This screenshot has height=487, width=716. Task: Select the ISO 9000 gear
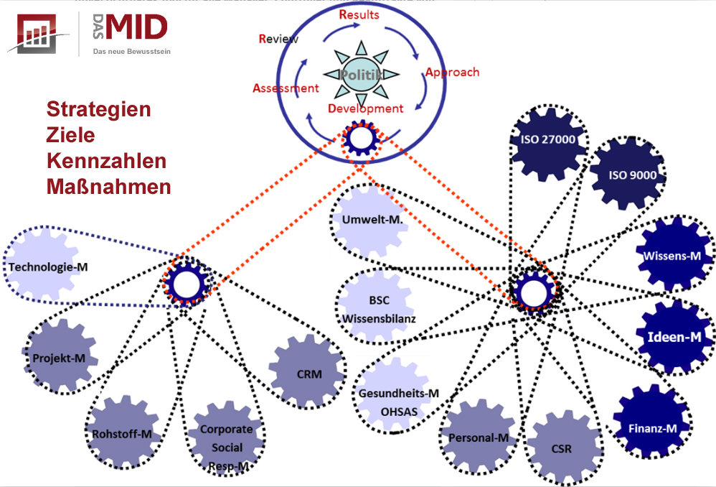[628, 175]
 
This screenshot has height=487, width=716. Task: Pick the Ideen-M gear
[674, 336]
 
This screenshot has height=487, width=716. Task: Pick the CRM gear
[308, 373]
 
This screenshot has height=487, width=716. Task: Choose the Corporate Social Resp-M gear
[225, 443]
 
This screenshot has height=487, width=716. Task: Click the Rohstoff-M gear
[122, 432]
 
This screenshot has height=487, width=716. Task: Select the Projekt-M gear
[60, 356]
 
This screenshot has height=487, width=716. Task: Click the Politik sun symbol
[357, 74]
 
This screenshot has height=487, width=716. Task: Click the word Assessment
[285, 88]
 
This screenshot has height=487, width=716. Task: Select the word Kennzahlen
[107, 160]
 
